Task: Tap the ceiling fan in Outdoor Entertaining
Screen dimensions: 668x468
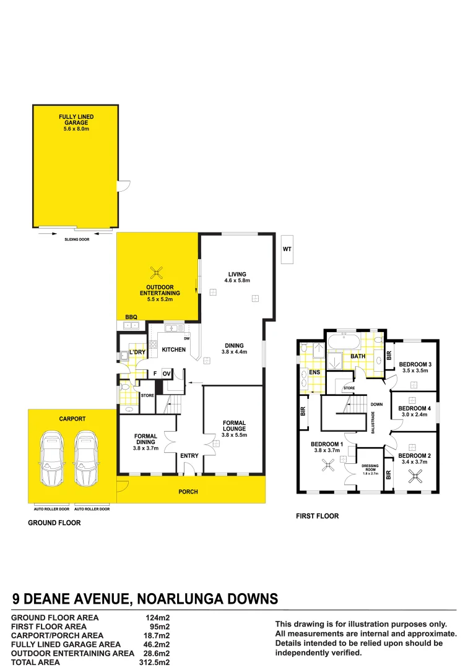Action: (158, 272)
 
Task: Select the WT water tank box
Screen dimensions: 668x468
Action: (287, 249)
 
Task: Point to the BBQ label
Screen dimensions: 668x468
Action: (131, 317)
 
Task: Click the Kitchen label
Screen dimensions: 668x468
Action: (173, 349)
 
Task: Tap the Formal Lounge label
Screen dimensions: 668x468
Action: (235, 426)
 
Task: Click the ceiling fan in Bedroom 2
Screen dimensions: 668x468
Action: (413, 475)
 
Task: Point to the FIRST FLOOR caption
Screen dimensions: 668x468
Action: (318, 516)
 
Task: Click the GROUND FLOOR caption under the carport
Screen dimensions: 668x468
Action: (54, 523)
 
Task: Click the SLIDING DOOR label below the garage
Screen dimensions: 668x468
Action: (77, 239)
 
